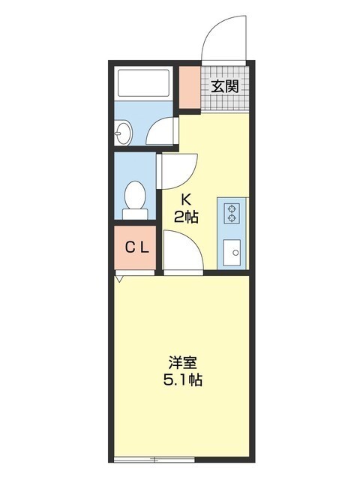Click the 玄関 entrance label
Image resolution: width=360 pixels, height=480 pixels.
224,86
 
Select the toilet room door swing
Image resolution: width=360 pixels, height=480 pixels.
178,171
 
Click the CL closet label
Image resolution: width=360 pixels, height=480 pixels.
135,247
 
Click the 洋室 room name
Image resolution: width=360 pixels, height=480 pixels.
183,361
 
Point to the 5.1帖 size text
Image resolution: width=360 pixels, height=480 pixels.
183,379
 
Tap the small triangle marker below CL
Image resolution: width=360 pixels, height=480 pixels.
119,278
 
